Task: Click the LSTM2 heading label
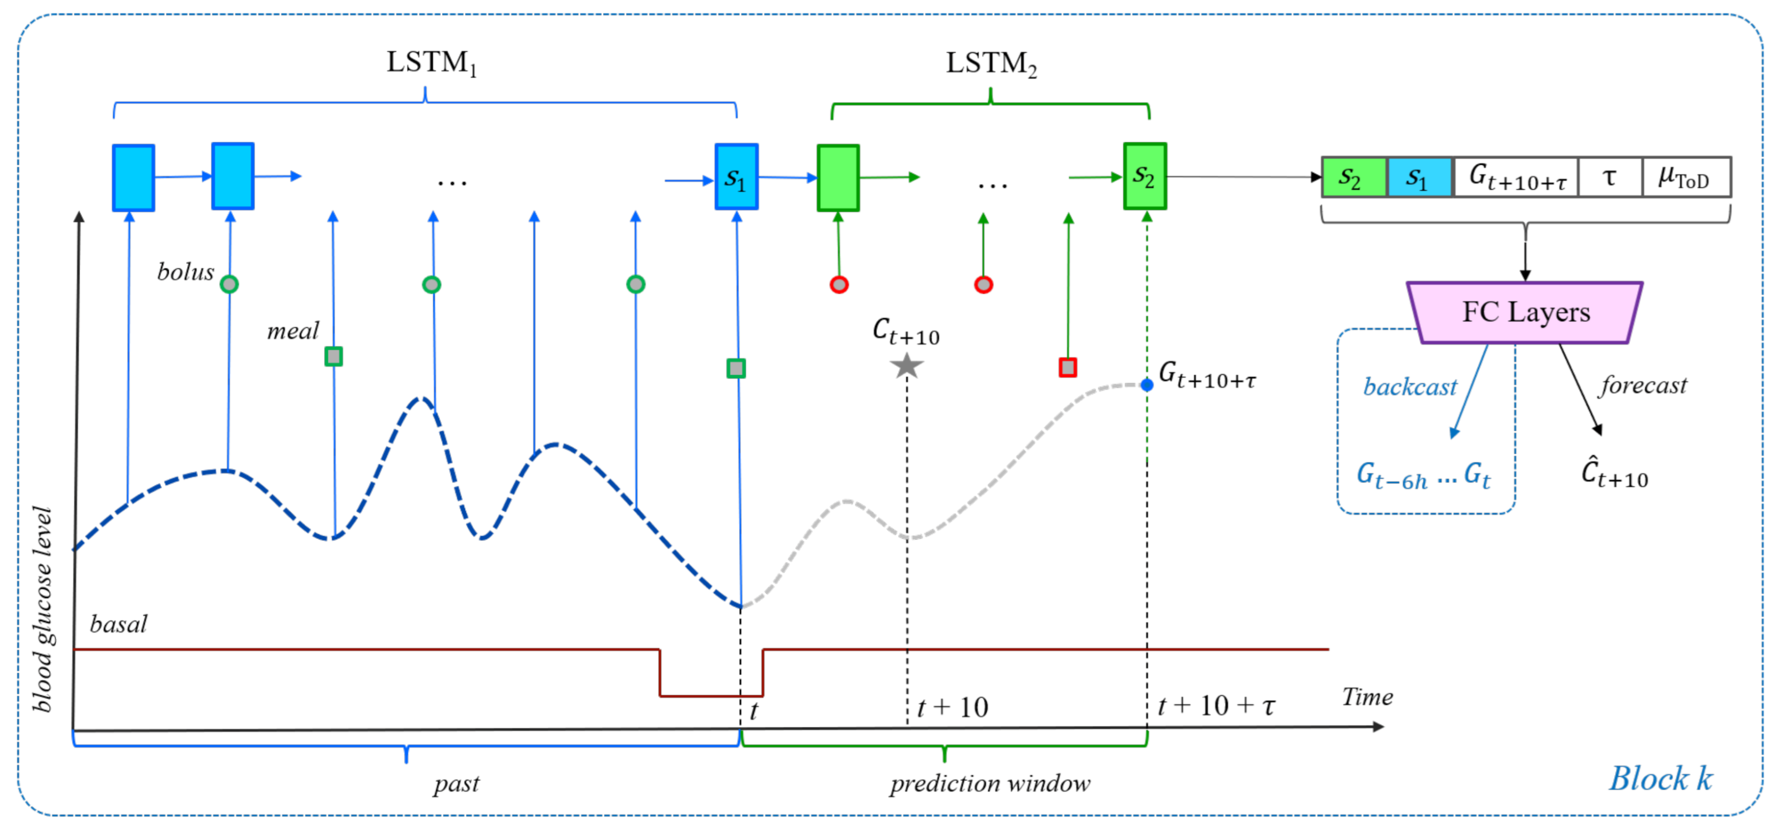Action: coord(990,64)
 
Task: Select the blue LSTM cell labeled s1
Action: coord(736,177)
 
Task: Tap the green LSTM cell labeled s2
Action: coord(1144,176)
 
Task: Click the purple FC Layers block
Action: coord(1525,312)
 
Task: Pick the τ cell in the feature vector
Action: coord(1609,178)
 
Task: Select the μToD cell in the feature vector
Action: coord(1685,178)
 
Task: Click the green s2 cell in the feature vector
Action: coord(1353,178)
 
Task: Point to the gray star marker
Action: coord(906,366)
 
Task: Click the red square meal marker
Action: coord(1068,367)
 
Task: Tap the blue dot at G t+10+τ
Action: coord(1146,385)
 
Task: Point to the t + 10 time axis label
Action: coord(952,707)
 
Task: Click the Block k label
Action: coord(1661,779)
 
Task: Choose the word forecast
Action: coord(1643,385)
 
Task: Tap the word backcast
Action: coord(1409,387)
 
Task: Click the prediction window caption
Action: coord(989,784)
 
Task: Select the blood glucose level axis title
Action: coord(43,608)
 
